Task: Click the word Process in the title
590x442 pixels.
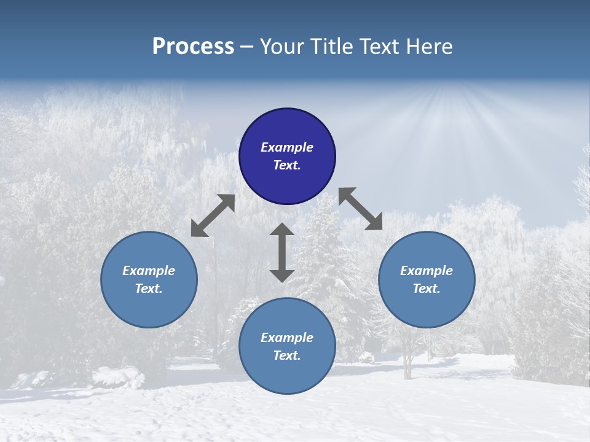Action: pyautogui.click(x=193, y=47)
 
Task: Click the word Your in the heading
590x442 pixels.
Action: pyautogui.click(x=280, y=47)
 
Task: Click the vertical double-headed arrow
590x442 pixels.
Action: pyautogui.click(x=282, y=252)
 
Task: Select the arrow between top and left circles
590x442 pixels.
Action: pyautogui.click(x=213, y=215)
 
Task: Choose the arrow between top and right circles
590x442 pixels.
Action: pyautogui.click(x=361, y=209)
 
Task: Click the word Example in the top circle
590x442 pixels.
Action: pyautogui.click(x=287, y=147)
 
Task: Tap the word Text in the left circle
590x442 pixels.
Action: pyautogui.click(x=149, y=289)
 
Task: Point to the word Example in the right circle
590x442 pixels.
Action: pyautogui.click(x=427, y=271)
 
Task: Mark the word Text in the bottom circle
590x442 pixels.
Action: pyautogui.click(x=287, y=355)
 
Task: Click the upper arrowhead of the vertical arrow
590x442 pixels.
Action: pyautogui.click(x=282, y=230)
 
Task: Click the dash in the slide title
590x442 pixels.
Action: pyautogui.click(x=246, y=47)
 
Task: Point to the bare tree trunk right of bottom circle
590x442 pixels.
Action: pyautogui.click(x=407, y=365)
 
